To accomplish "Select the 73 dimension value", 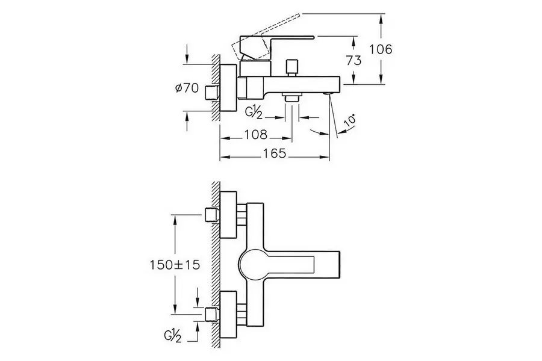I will tap(354, 60).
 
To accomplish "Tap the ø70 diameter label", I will tap(187, 88).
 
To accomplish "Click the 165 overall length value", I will tap(275, 154).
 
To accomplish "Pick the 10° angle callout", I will tap(349, 123).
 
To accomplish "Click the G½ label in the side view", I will tap(254, 113).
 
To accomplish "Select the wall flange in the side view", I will tap(228, 88).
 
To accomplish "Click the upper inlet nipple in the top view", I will tap(211, 214).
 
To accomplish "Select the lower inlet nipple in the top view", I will tap(211, 313).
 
